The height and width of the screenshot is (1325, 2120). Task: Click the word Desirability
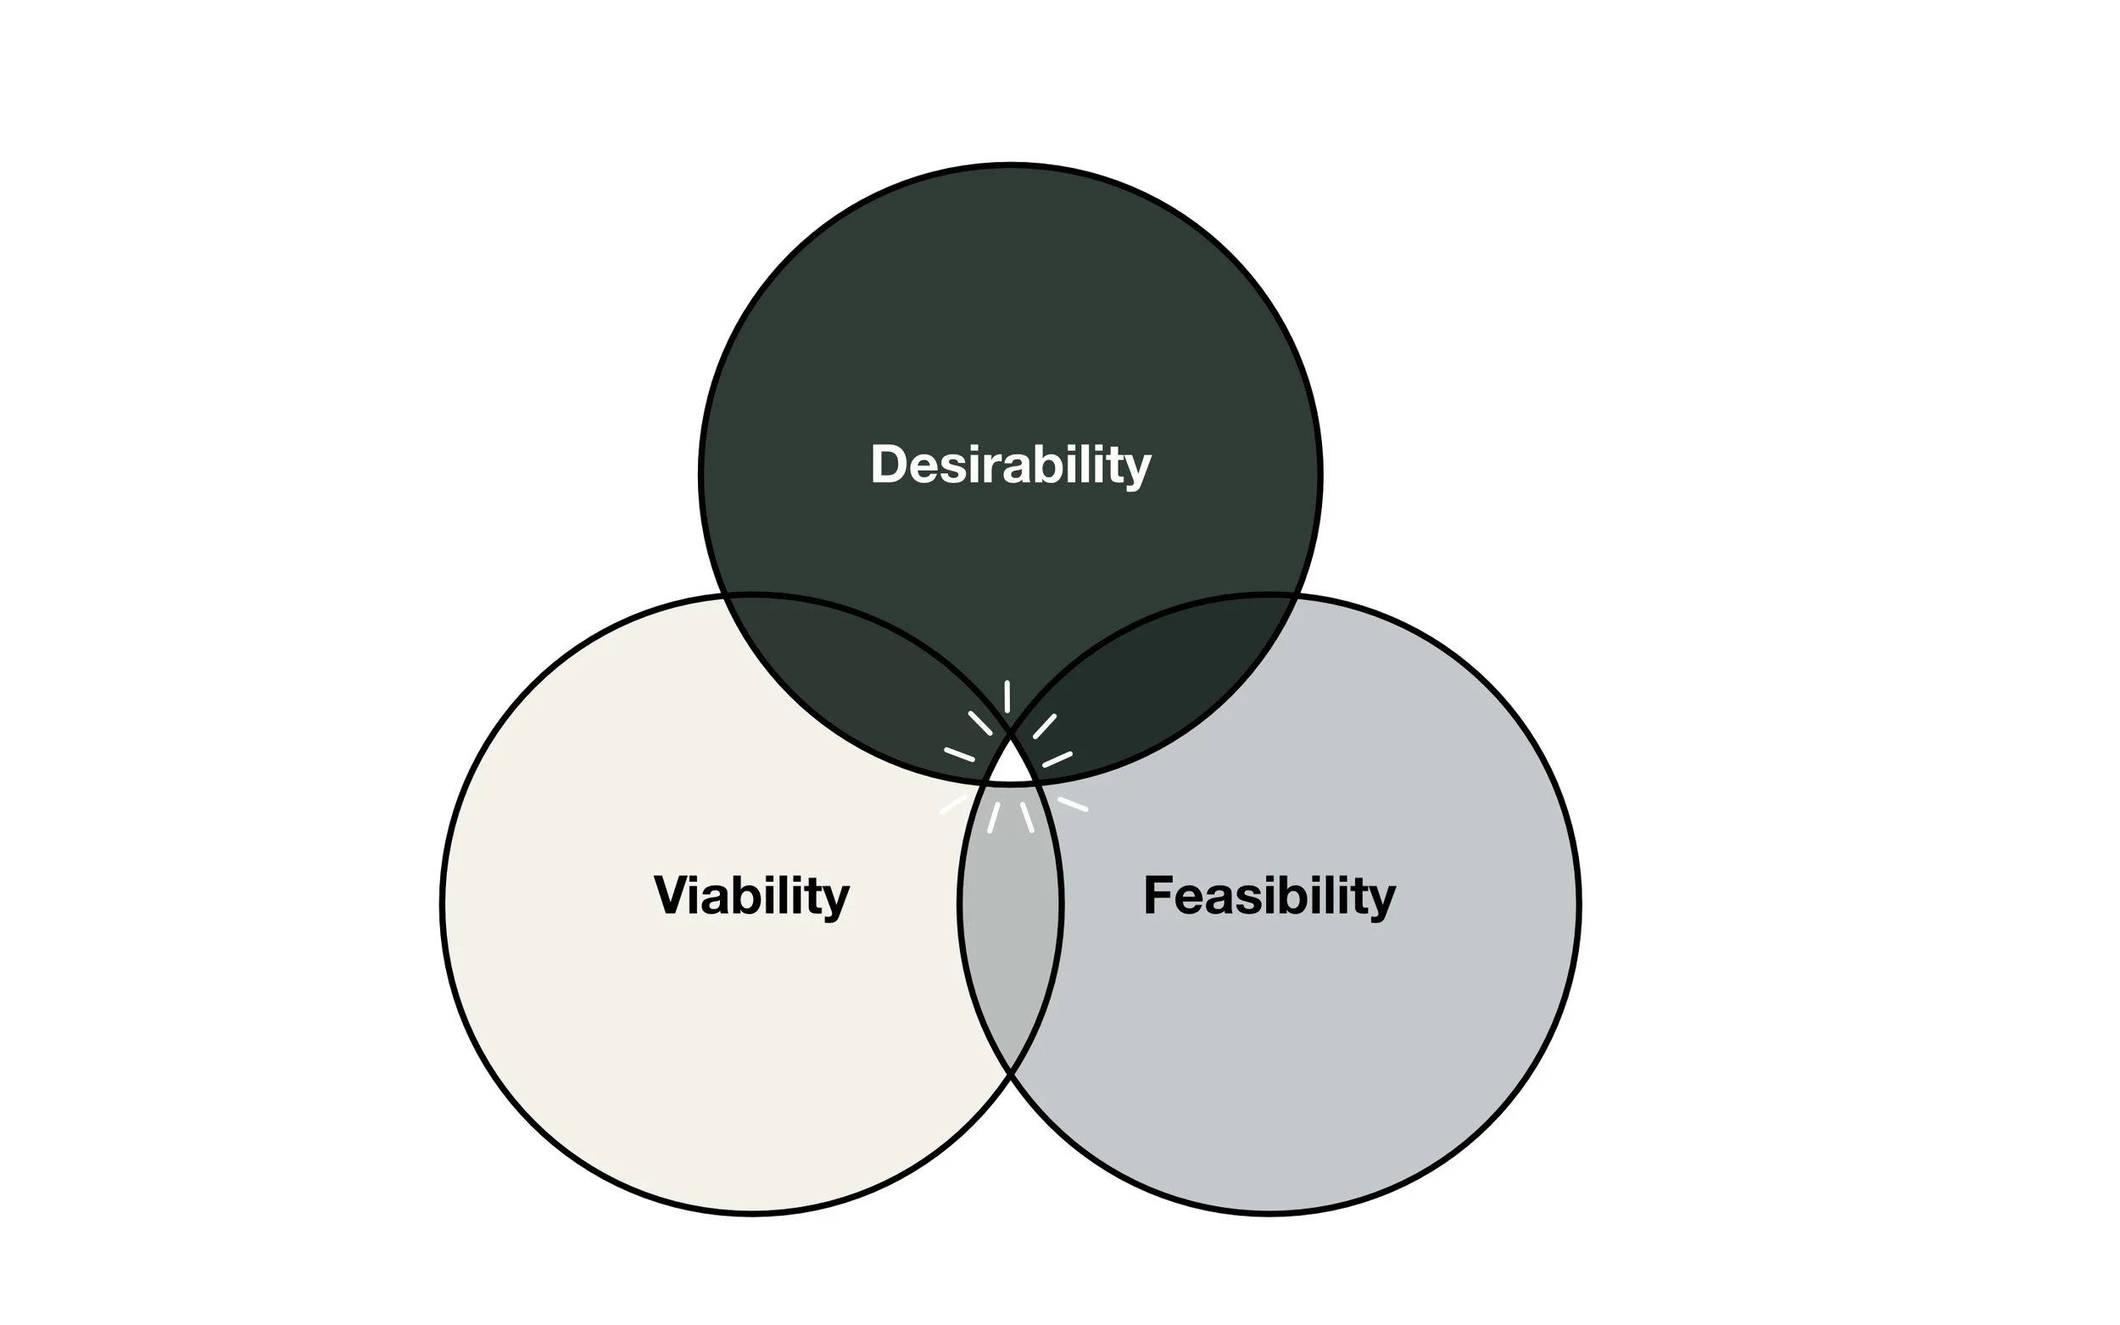tap(1010, 465)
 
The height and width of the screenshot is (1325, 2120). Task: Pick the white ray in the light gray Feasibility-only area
tap(1072, 804)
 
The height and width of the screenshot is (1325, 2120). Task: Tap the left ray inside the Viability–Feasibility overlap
tap(994, 816)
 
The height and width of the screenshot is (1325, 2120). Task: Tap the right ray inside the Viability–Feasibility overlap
tap(1026, 816)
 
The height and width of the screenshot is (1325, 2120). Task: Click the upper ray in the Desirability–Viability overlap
tap(979, 723)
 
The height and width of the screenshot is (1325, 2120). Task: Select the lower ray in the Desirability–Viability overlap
tap(959, 754)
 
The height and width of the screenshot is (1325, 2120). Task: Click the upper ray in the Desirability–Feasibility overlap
tap(1044, 727)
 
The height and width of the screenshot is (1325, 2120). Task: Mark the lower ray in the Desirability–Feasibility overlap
tap(1057, 759)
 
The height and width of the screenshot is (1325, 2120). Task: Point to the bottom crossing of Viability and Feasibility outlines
tap(1011, 1071)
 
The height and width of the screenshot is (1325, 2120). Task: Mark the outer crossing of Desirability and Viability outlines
tap(726, 598)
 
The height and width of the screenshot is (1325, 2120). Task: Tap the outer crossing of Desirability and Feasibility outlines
tap(1295, 598)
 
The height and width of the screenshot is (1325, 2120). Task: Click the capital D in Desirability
tap(887, 465)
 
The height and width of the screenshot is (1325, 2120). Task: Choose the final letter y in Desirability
tap(1138, 470)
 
